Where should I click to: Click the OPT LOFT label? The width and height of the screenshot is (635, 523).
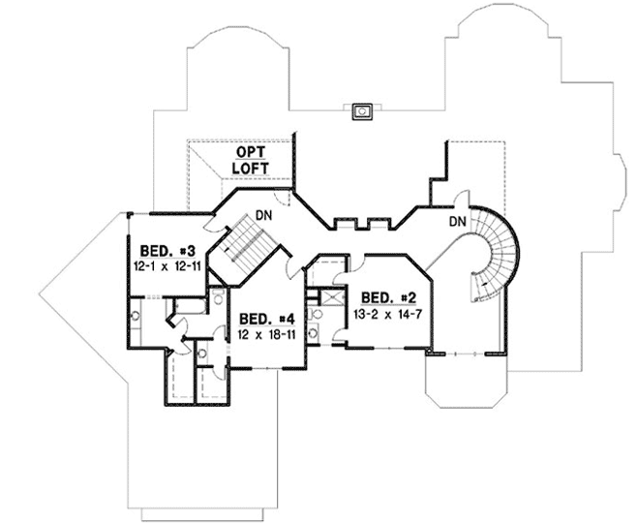coord(249,160)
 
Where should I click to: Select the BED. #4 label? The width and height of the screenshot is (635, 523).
coord(265,319)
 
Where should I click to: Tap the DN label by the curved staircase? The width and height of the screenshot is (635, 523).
coord(460,223)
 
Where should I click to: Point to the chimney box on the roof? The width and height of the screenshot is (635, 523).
coord(362,110)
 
